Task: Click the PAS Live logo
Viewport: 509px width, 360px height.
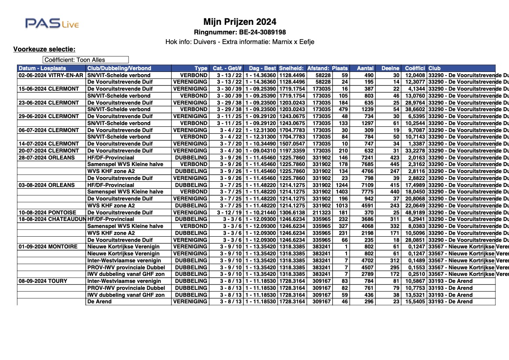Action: tap(52, 24)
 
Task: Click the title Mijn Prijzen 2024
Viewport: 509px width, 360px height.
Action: tap(239, 22)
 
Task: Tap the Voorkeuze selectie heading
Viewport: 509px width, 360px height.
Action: tap(44, 49)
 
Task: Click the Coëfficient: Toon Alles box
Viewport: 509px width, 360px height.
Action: tap(85, 60)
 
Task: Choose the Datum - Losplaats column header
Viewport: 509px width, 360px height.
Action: tap(42, 68)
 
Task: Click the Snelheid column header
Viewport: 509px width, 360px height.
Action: tap(291, 68)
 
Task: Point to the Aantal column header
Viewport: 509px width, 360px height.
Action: tap(365, 68)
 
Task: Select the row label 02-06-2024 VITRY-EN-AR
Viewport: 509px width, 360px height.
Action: tap(51, 75)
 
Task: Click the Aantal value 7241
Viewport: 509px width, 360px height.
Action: tap(365, 157)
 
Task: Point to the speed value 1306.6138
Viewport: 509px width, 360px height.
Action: tap(292, 212)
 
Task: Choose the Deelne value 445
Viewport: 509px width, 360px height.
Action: tap(394, 164)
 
